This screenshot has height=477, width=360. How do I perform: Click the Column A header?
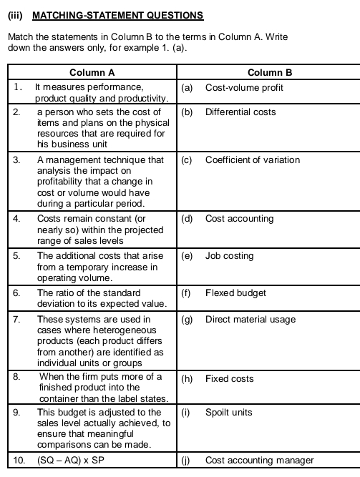coord(92,72)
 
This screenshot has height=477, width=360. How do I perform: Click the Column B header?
coord(269,72)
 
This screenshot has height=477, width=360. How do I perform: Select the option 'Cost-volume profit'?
coord(244,87)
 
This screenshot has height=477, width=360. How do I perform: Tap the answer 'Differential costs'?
coord(240,112)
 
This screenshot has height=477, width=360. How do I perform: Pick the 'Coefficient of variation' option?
coord(253,159)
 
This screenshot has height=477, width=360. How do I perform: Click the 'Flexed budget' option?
coord(235,292)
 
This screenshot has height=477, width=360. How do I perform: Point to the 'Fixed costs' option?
coord(229,378)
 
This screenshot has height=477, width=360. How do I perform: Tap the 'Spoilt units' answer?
coord(228,413)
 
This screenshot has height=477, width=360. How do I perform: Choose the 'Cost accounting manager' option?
coord(259,460)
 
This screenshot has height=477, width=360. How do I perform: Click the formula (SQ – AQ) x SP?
coord(70,460)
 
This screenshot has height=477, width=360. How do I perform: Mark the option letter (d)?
coord(188,218)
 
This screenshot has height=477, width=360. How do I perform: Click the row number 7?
coord(16,319)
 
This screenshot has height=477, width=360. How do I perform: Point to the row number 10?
coord(19,460)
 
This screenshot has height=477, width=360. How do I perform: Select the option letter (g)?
coord(188,319)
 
